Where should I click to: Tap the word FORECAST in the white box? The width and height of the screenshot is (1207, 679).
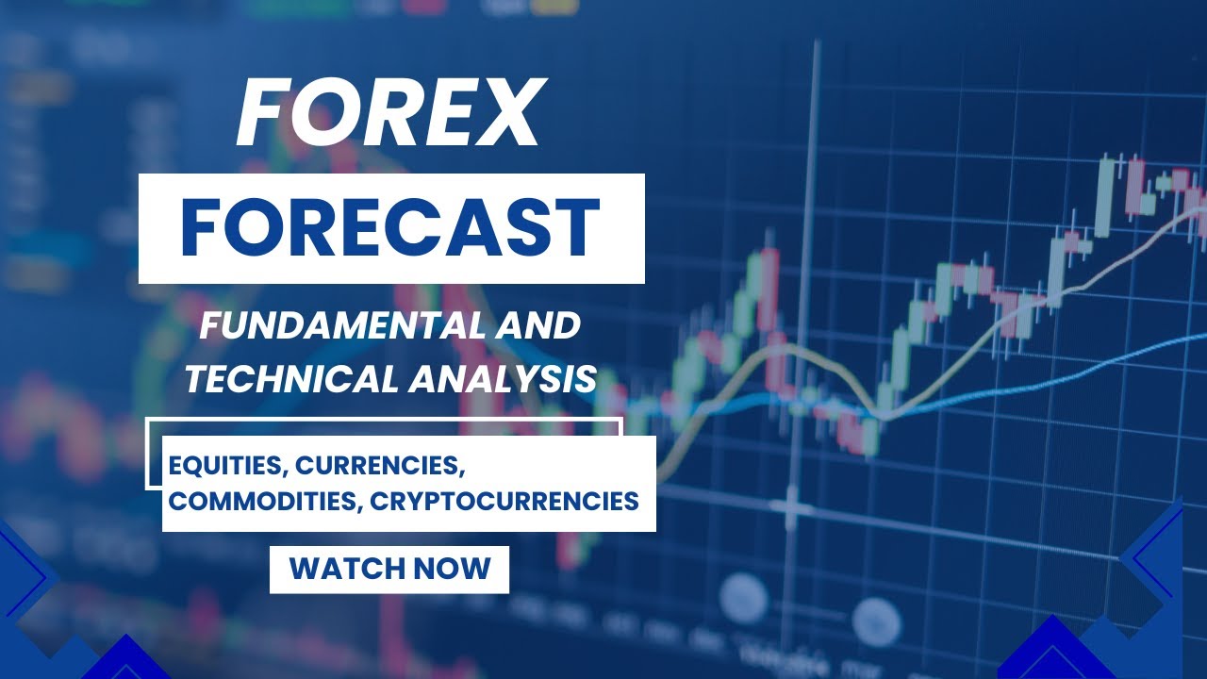[x=390, y=228]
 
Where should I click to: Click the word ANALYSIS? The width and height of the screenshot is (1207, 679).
[x=503, y=379]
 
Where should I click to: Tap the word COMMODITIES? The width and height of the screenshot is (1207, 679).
[x=263, y=501]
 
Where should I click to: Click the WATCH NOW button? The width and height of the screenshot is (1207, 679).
[x=389, y=569]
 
